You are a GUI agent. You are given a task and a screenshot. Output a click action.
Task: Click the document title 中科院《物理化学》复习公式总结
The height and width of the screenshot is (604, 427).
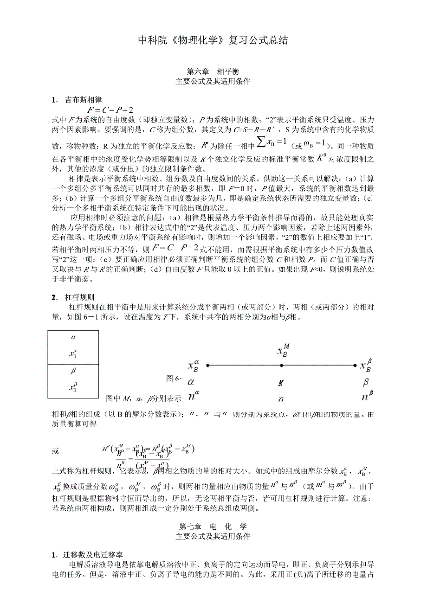pos(213,40)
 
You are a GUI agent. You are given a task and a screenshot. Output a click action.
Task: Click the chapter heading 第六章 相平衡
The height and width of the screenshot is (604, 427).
pos(213,72)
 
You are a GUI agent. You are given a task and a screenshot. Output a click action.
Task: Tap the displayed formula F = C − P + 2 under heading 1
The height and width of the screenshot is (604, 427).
pos(110,110)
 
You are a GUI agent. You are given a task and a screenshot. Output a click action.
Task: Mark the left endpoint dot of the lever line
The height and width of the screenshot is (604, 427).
pos(207,366)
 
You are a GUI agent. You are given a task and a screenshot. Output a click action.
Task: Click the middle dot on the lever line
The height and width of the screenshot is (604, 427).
pos(281,366)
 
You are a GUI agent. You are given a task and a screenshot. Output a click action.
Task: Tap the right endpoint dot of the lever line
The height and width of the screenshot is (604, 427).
pos(356,366)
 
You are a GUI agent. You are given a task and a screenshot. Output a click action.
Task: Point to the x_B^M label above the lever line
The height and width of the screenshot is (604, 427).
pos(282,351)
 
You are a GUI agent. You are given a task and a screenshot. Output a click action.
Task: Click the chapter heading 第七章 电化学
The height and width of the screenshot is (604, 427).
pos(213,527)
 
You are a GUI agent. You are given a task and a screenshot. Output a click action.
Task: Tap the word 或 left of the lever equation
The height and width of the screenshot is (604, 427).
pos(56,450)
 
